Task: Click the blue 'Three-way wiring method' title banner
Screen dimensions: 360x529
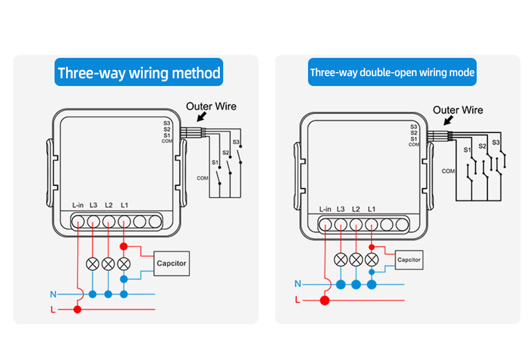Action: pyautogui.click(x=139, y=73)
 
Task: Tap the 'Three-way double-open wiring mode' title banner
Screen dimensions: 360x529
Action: pyautogui.click(x=392, y=72)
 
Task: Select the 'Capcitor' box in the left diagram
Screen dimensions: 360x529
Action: pyautogui.click(x=171, y=264)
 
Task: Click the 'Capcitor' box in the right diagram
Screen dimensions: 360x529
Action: pyautogui.click(x=408, y=260)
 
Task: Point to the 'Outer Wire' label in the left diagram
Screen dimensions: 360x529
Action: pyautogui.click(x=211, y=106)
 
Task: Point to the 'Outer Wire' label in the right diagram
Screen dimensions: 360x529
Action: pyautogui.click(x=457, y=110)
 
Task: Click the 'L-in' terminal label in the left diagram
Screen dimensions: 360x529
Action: pyautogui.click(x=78, y=205)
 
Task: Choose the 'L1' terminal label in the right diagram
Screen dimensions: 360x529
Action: pyautogui.click(x=371, y=209)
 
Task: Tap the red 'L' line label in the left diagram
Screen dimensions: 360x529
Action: pyautogui.click(x=53, y=310)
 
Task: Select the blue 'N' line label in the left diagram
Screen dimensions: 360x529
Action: pyautogui.click(x=53, y=294)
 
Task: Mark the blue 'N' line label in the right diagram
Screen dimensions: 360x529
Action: pyautogui.click(x=298, y=284)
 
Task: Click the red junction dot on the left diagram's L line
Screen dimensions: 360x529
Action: pyautogui.click(x=78, y=309)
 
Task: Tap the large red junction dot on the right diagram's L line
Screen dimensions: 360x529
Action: pyautogui.click(x=325, y=300)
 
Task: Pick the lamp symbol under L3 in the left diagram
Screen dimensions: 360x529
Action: pyautogui.click(x=93, y=264)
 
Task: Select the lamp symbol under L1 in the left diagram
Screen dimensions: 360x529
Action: pyautogui.click(x=124, y=264)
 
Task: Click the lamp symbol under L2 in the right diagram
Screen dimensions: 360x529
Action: pyautogui.click(x=356, y=259)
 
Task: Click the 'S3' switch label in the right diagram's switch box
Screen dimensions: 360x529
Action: pyautogui.click(x=495, y=143)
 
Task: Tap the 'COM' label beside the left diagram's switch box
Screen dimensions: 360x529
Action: pyautogui.click(x=202, y=178)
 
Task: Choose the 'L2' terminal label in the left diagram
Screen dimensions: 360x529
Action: pyautogui.click(x=109, y=205)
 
